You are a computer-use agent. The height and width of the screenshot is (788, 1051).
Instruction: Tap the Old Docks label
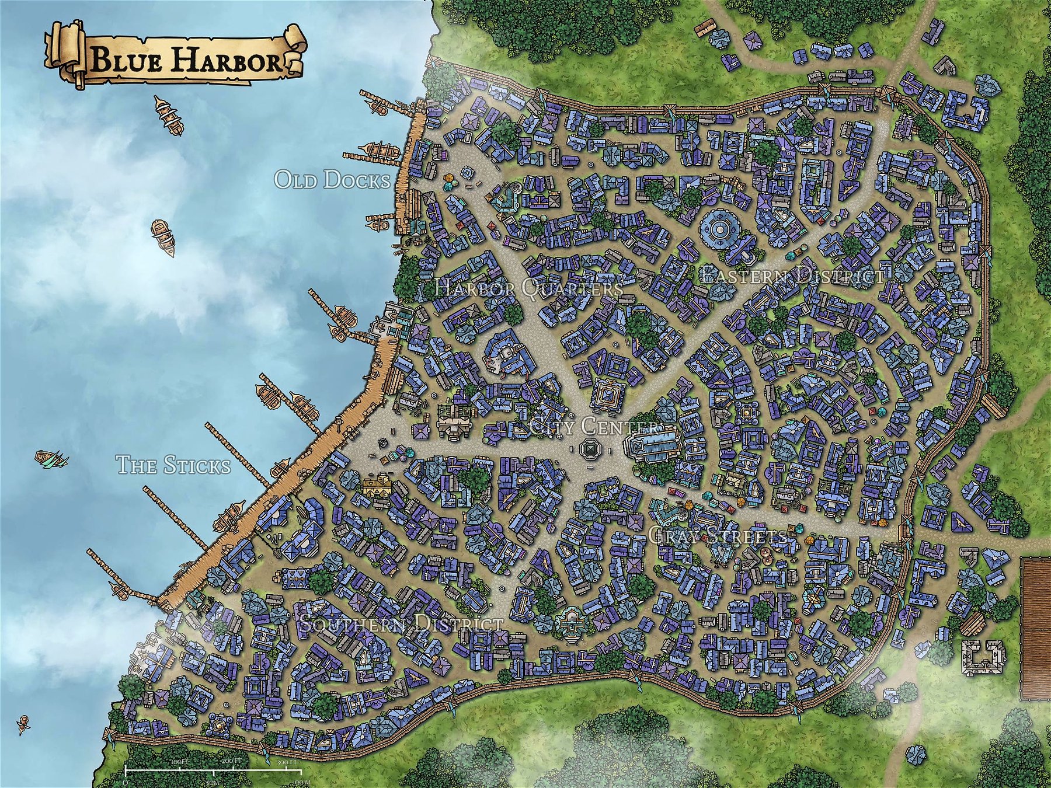coord(332,180)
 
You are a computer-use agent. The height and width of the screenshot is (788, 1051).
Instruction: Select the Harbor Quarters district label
coord(529,287)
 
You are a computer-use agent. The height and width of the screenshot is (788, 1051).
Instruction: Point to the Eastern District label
coord(792,275)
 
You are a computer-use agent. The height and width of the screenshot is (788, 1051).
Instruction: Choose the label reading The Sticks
coord(173,465)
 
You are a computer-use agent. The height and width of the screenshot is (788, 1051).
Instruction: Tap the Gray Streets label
coord(718,536)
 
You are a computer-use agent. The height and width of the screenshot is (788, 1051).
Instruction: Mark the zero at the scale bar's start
coord(126,781)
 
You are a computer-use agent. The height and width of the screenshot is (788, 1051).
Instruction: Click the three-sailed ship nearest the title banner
coord(169,116)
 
